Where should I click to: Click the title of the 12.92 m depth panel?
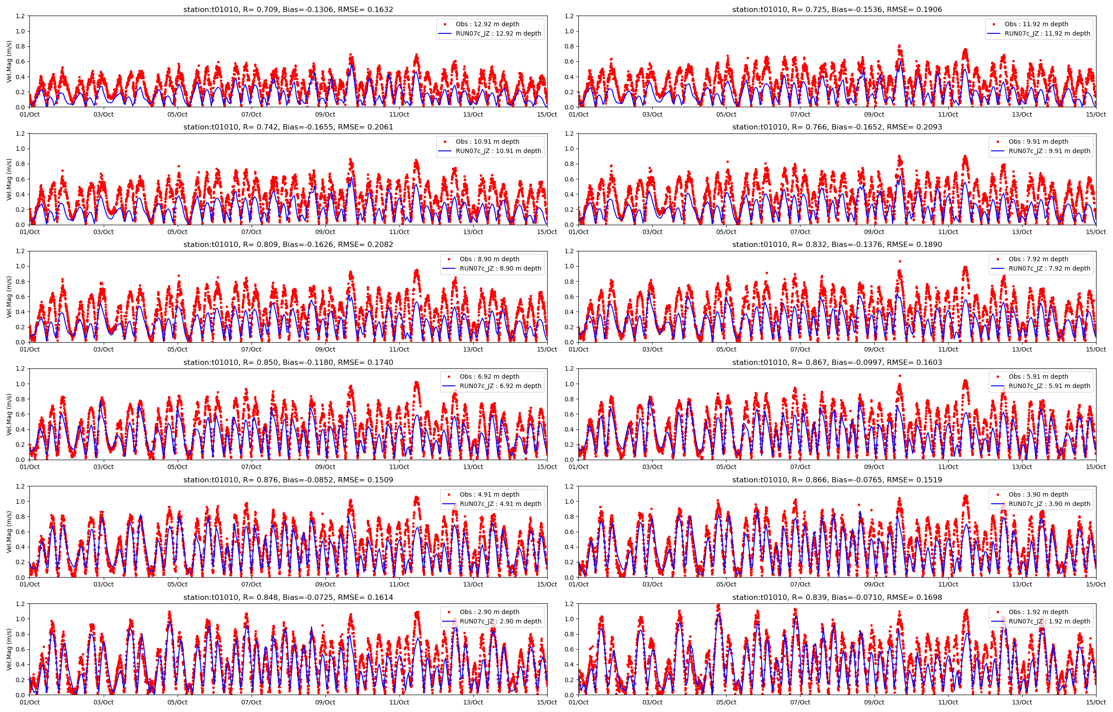pos(288,10)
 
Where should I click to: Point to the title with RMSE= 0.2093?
pos(837,127)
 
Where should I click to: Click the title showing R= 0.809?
pos(288,245)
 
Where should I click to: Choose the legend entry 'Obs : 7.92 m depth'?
pos(1038,259)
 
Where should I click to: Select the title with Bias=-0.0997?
pos(837,363)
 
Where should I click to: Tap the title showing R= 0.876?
pos(288,480)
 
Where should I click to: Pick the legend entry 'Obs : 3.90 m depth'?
pos(1038,494)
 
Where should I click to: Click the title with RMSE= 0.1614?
pos(288,597)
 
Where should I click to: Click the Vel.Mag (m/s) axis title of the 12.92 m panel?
pos(9,61)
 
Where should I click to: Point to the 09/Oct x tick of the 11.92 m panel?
pos(874,115)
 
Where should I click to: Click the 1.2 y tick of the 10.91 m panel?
pos(20,133)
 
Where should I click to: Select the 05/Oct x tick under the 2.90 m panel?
pos(177,702)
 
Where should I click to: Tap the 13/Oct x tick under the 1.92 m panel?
pos(1022,702)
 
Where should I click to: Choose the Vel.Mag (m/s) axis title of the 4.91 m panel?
pos(9,532)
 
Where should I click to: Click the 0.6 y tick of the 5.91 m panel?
pos(569,414)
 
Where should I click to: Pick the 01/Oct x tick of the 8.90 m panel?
pos(29,349)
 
